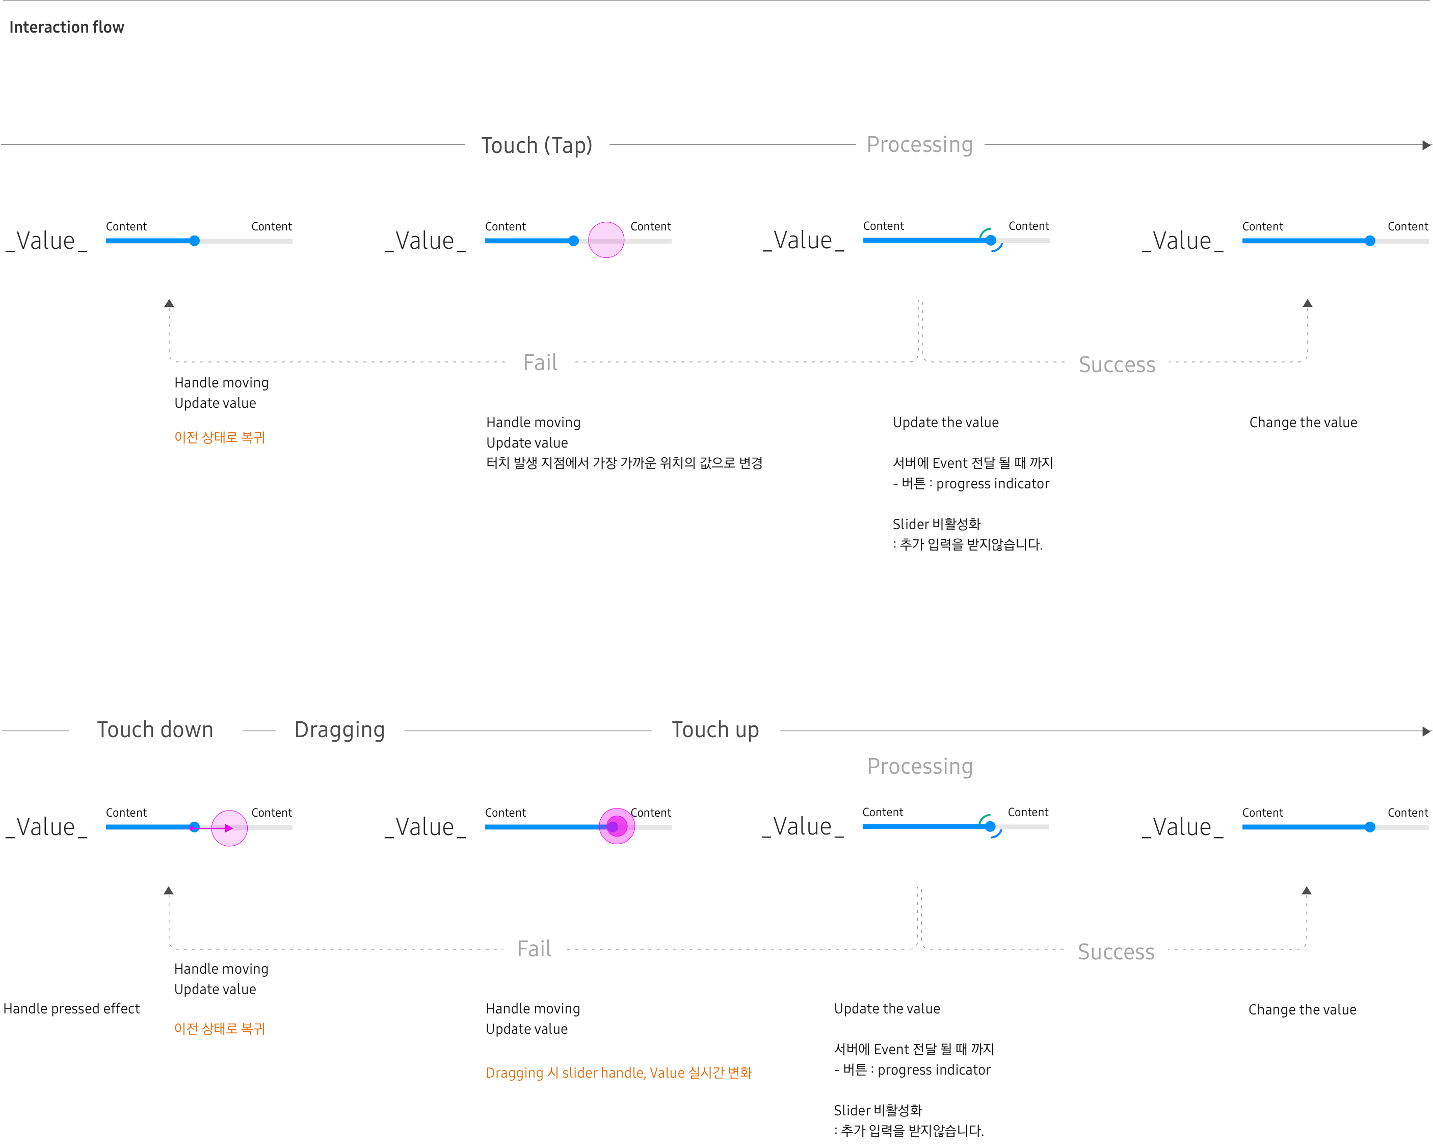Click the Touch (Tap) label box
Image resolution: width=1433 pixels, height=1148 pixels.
[x=537, y=146]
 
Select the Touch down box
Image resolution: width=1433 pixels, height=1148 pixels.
[x=155, y=730]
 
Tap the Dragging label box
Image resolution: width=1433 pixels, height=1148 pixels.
[x=339, y=730]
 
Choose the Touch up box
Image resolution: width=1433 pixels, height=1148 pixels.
[x=715, y=730]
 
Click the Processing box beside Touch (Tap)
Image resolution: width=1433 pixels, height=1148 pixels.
[x=920, y=145]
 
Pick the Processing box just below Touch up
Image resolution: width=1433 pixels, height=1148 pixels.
[x=920, y=767]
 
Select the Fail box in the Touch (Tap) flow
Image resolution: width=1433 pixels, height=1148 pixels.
[x=540, y=363]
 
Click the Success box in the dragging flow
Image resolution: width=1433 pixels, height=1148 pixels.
[x=1116, y=952]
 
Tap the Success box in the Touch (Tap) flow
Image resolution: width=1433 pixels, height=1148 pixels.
[x=1117, y=365]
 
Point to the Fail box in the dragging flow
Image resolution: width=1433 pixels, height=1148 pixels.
[x=535, y=949]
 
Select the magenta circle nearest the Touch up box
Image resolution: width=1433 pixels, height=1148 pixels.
[x=617, y=826]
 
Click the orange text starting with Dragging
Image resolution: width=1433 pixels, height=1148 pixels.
[x=618, y=1073]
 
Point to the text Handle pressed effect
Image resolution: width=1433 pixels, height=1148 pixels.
[x=72, y=1009]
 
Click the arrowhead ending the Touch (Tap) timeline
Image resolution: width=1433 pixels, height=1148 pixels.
[x=1426, y=145]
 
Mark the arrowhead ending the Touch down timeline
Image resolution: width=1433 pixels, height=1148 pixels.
[x=1426, y=731]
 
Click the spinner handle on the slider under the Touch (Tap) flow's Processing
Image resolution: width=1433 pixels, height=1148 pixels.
[x=991, y=240]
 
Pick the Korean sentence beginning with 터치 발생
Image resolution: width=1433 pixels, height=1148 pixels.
[x=624, y=463]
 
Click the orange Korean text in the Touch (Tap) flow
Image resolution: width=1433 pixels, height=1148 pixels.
[x=219, y=437]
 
